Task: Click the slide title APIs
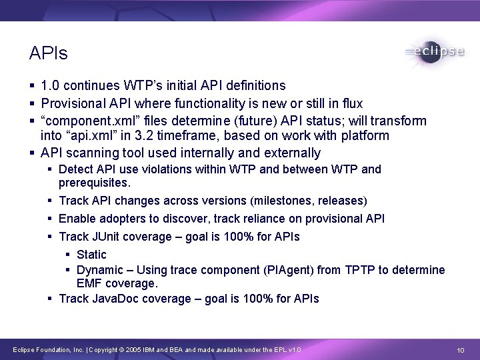49,53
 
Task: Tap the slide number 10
460,349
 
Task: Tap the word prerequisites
95,182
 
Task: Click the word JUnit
106,237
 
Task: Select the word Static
91,254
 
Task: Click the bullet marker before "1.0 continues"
33,86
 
